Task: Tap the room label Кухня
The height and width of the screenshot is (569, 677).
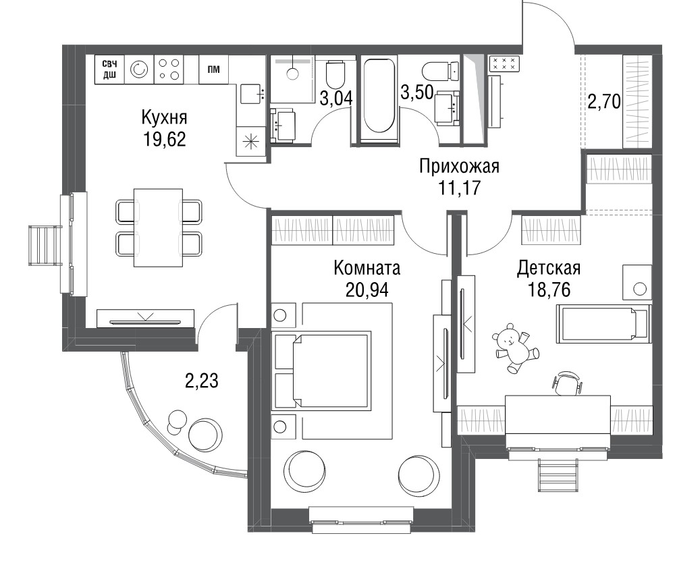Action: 164,117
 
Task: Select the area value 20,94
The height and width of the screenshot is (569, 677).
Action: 367,290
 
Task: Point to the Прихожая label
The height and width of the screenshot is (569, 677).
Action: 460,167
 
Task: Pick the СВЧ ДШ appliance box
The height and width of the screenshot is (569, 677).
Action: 109,69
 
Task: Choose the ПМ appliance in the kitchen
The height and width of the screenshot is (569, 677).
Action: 213,69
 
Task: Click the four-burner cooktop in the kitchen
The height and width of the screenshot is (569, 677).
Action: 169,69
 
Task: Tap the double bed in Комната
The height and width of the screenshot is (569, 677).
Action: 322,371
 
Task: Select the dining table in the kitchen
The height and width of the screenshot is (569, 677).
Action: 159,228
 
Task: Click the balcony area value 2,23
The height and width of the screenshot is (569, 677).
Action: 202,381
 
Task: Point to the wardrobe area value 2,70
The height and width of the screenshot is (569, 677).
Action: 604,103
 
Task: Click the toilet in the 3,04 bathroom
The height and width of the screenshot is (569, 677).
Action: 335,75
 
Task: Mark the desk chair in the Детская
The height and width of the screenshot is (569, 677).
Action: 567,383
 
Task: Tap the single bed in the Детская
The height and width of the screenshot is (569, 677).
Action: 603,324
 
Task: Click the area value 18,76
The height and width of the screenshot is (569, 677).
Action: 549,290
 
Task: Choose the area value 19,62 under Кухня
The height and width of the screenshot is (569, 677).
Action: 164,140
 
